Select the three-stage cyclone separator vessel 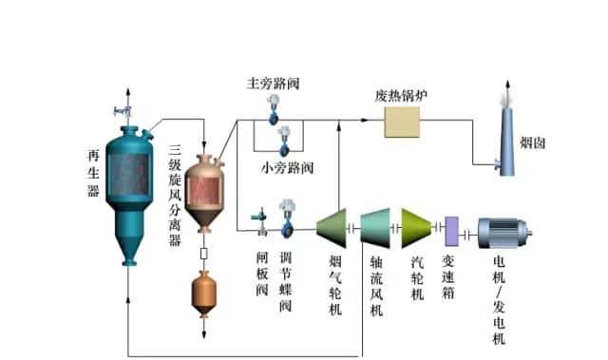203,190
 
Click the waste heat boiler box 402,122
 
